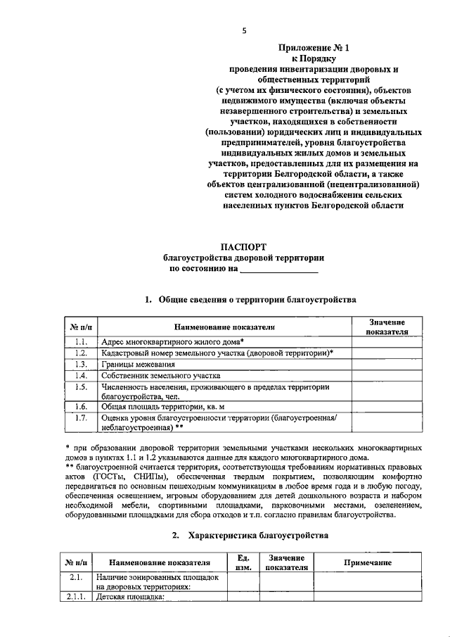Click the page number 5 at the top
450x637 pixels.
[x=244, y=30]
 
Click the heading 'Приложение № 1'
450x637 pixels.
[x=314, y=49]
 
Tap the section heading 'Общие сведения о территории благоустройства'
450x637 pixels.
[x=257, y=299]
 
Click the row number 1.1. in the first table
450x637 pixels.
[x=81, y=341]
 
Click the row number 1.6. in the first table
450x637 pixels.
[x=81, y=407]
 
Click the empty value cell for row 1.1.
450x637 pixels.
[x=387, y=341]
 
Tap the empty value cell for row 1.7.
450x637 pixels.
[x=387, y=422]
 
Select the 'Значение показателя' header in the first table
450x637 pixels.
[x=387, y=327]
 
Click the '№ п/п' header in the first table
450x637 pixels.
[x=81, y=327]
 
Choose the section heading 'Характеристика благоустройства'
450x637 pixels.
[x=257, y=536]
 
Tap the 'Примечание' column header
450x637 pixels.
[x=367, y=562]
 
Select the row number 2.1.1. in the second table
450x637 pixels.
[x=75, y=598]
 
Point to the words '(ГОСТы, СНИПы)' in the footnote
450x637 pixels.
[x=130, y=477]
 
